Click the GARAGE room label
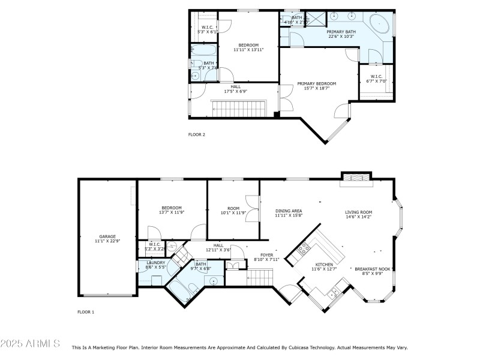point(107,236)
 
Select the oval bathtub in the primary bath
point(379,24)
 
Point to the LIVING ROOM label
point(358,212)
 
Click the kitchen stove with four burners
point(304,247)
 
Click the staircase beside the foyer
point(260,277)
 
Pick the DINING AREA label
point(289,211)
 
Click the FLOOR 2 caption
point(197,134)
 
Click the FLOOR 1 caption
point(86,312)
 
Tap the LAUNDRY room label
point(155,262)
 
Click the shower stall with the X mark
point(315,17)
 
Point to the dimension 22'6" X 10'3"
point(341,37)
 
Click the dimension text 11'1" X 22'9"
point(107,241)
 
